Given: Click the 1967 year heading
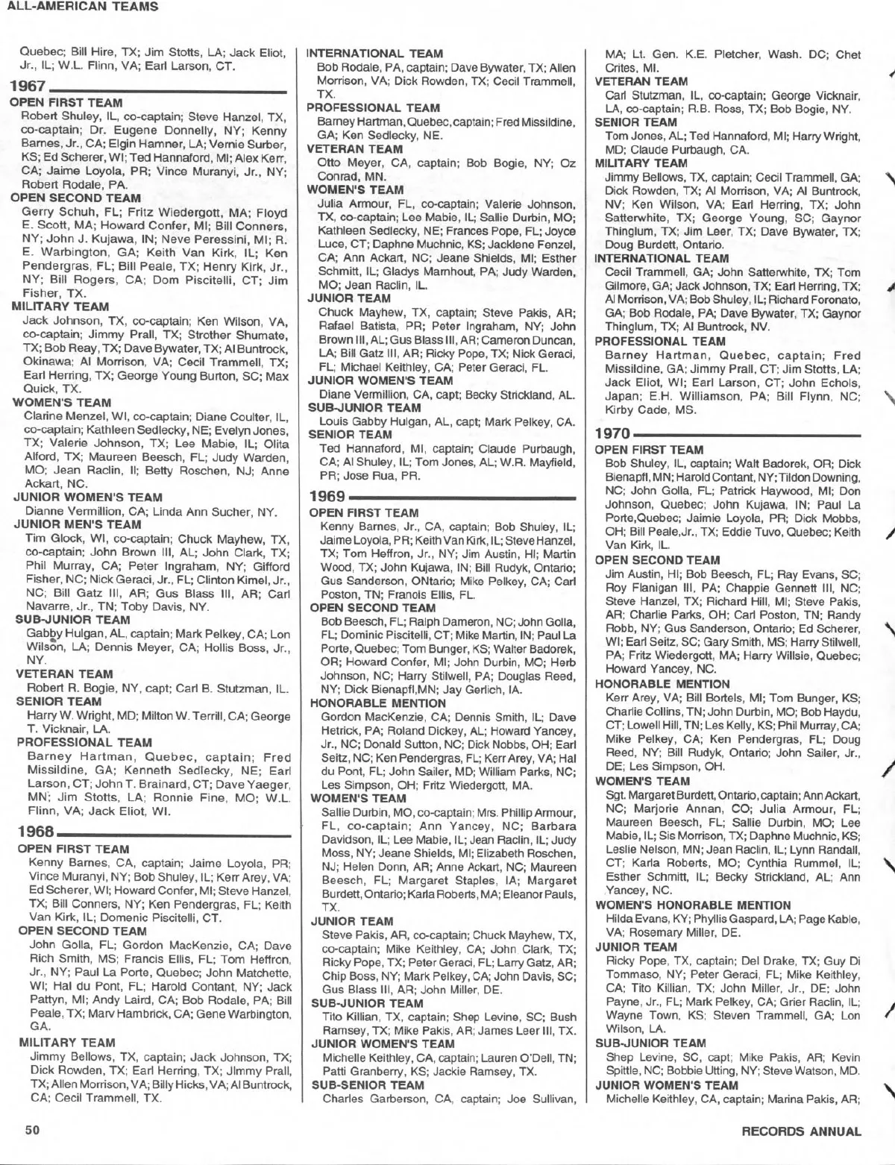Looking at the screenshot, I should [x=27, y=89].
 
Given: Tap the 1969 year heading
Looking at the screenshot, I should [x=327, y=496].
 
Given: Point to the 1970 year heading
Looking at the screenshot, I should [x=613, y=433].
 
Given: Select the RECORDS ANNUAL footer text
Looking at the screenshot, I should [x=801, y=1131].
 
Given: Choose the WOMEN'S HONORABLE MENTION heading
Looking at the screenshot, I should [x=682, y=905].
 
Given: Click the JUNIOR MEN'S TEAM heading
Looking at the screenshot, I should [x=77, y=524].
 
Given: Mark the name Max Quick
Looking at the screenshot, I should [x=34, y=389].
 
